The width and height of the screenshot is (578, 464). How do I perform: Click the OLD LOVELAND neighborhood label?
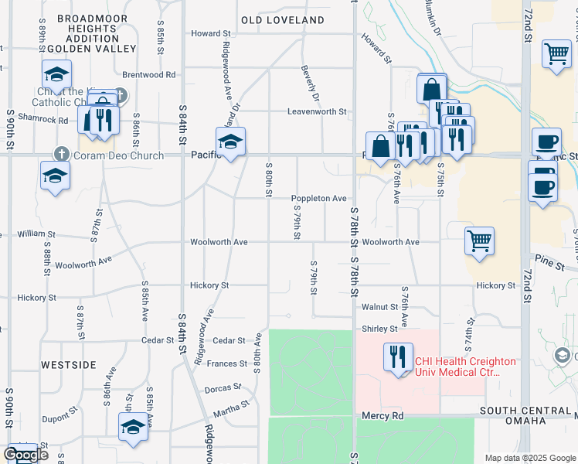(x=282, y=19)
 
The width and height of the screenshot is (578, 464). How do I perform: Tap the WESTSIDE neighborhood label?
(x=68, y=364)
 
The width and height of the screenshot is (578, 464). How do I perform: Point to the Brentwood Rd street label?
(x=149, y=75)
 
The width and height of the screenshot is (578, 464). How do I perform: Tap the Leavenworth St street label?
(x=317, y=111)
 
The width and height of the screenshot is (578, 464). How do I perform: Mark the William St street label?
(x=37, y=233)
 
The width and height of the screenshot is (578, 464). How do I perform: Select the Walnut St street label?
(x=379, y=307)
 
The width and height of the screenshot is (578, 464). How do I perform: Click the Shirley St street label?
(x=379, y=329)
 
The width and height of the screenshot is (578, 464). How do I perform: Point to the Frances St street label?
(x=226, y=363)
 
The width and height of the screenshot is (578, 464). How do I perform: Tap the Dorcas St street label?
(x=225, y=389)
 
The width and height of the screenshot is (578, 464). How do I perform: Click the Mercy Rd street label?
(x=383, y=416)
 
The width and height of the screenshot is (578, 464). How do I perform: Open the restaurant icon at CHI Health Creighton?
(x=398, y=357)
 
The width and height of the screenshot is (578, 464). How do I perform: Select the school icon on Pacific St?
(x=230, y=142)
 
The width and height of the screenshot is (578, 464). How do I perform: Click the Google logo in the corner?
(x=25, y=455)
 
